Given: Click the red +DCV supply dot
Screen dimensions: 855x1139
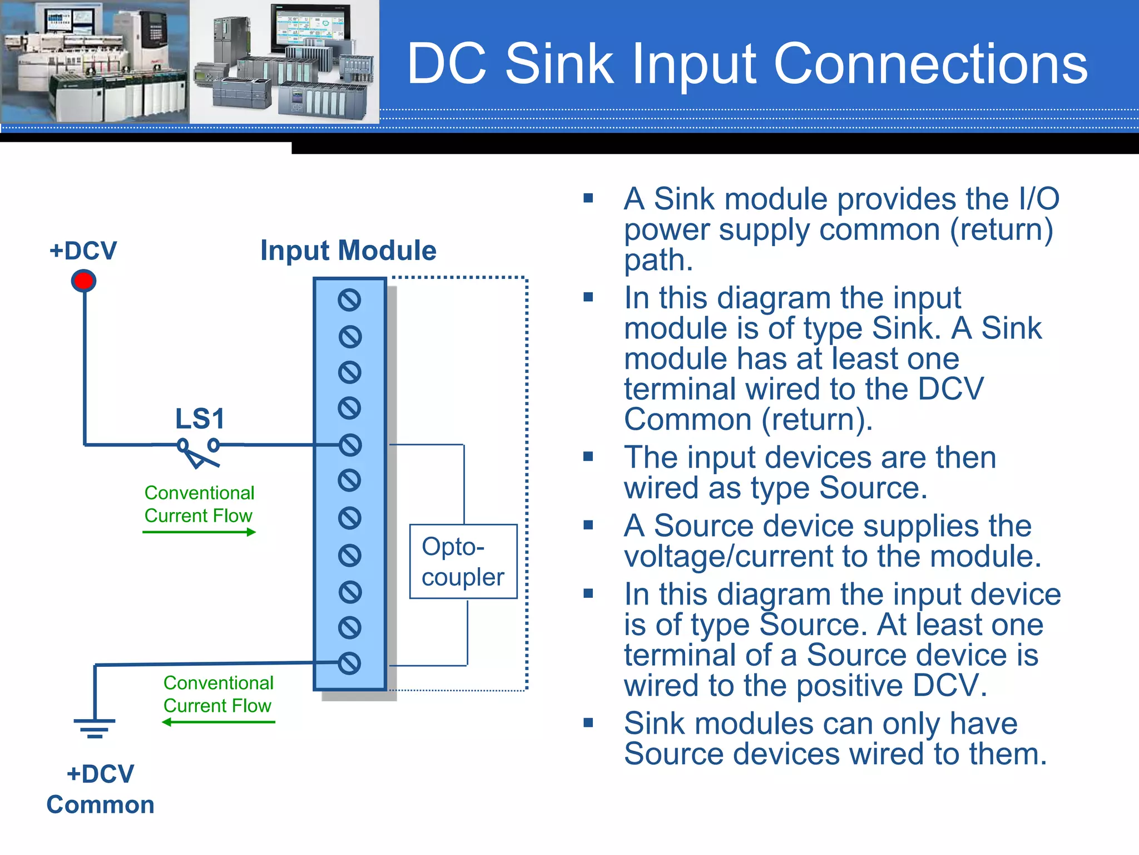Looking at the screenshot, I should pyautogui.click(x=84, y=281).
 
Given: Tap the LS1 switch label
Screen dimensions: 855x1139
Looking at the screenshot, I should pyautogui.click(x=200, y=419).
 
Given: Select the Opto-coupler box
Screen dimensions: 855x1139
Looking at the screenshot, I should pyautogui.click(x=463, y=561).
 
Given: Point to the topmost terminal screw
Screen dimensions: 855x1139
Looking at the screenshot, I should pyautogui.click(x=349, y=300).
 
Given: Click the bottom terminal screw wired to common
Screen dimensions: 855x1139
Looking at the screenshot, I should pyautogui.click(x=349, y=663).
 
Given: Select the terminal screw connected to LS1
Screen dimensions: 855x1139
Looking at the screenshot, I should pyautogui.click(x=350, y=445).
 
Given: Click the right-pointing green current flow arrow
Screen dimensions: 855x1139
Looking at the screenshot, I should pyautogui.click(x=199, y=532).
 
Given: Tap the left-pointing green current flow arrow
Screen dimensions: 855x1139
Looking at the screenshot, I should pyautogui.click(x=219, y=722).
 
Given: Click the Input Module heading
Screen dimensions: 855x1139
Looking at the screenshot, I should pyautogui.click(x=348, y=250).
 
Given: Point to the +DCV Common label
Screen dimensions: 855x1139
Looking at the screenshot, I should pyautogui.click(x=100, y=789).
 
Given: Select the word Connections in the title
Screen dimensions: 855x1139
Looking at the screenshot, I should pyautogui.click(x=930, y=65).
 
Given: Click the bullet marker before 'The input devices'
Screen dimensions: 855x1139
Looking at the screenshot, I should pyautogui.click(x=588, y=457).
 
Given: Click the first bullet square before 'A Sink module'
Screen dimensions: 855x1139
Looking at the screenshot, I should pyautogui.click(x=588, y=198).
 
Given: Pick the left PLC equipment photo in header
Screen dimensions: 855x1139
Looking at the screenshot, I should pyautogui.click(x=95, y=61).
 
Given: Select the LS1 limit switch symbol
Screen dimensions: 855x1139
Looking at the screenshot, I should pyautogui.click(x=199, y=452).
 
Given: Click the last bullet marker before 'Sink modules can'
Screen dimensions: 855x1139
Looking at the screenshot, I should pyautogui.click(x=588, y=723).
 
